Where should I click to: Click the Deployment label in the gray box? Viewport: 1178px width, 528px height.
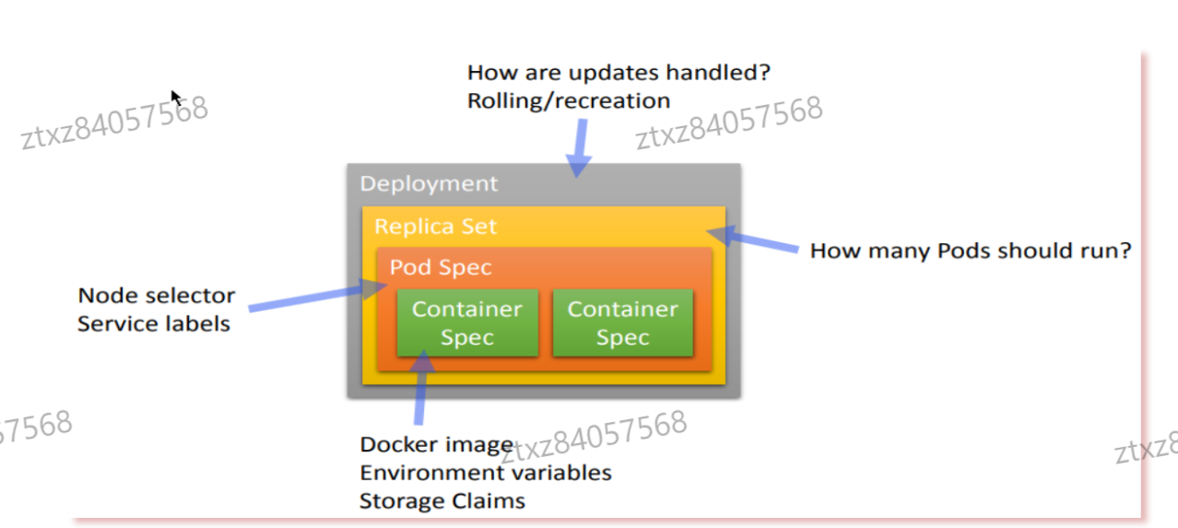(x=429, y=183)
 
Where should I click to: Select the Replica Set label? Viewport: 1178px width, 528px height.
(x=435, y=226)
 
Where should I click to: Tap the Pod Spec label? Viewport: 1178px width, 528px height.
(x=441, y=267)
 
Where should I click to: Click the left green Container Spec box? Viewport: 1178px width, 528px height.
(x=466, y=323)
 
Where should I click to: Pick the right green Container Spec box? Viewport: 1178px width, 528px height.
(x=622, y=323)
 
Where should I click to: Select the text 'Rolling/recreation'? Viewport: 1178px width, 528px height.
(x=568, y=100)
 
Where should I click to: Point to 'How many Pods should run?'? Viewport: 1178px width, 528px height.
(x=970, y=251)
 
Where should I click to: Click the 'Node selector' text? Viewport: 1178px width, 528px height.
(x=156, y=296)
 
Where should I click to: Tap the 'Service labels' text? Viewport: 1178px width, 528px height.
(x=153, y=324)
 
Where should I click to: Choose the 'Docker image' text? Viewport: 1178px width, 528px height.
(x=436, y=445)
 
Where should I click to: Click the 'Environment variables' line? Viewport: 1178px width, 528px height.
(x=485, y=473)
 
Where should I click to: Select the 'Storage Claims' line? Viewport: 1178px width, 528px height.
(x=442, y=501)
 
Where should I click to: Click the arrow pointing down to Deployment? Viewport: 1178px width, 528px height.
(x=579, y=147)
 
